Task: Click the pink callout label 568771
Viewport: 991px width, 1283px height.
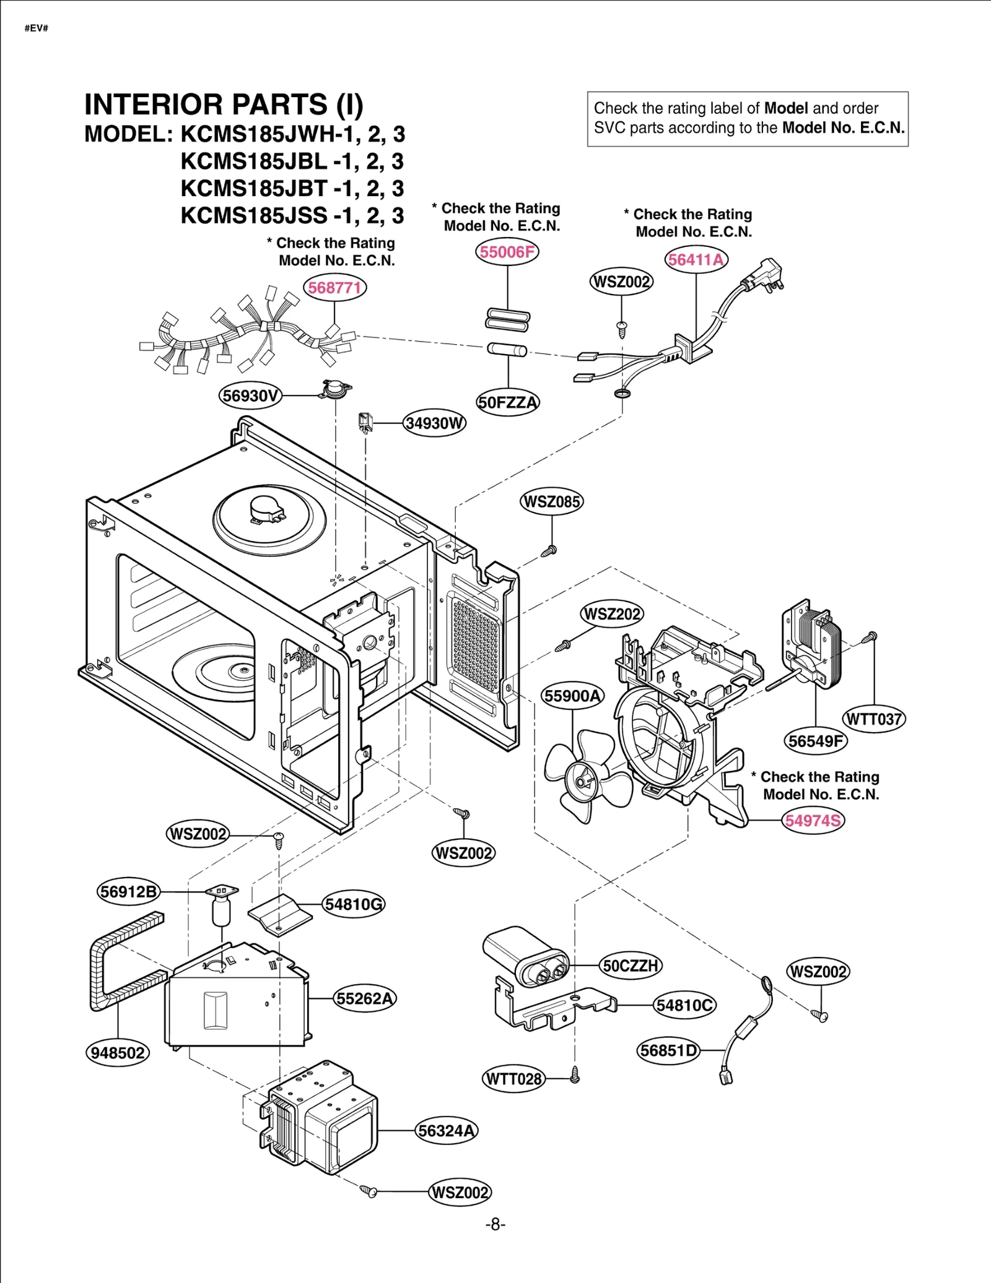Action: click(x=334, y=288)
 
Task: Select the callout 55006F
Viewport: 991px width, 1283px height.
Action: click(x=507, y=252)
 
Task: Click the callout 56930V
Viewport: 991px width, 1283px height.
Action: click(x=250, y=395)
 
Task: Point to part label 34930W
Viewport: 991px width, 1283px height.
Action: click(x=434, y=423)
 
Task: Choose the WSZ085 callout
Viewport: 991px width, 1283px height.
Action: click(x=551, y=501)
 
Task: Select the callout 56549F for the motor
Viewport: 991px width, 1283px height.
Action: click(x=815, y=741)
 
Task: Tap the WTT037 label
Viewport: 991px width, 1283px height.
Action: click(x=874, y=719)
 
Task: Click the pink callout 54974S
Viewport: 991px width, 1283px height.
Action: click(x=813, y=821)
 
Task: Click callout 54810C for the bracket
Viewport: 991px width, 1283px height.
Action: click(x=684, y=1005)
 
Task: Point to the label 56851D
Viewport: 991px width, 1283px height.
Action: click(x=668, y=1050)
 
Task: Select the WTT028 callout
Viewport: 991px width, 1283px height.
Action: click(x=513, y=1079)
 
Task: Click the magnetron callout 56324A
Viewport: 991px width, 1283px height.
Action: click(x=446, y=1131)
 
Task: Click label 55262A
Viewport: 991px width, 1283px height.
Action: click(x=365, y=998)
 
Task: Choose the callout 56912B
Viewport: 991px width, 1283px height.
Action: click(x=129, y=892)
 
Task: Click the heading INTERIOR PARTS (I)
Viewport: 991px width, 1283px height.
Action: click(x=224, y=105)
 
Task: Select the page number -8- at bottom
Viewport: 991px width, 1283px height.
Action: click(x=495, y=1224)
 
